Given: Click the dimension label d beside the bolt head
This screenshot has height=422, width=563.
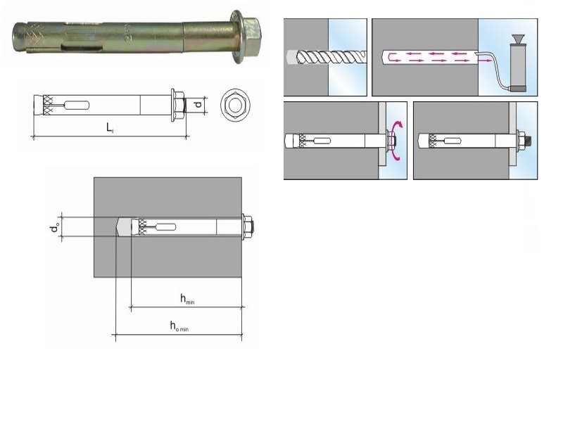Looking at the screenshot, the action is click(198, 105).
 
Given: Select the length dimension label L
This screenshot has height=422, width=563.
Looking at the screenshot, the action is click(110, 128).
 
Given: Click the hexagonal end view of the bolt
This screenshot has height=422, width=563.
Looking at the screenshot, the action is click(235, 105).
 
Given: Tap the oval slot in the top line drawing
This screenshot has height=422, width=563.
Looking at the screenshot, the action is click(77, 105).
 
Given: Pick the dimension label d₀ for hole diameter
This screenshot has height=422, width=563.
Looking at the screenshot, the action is click(55, 227).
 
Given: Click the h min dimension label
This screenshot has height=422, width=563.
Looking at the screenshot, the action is click(187, 299).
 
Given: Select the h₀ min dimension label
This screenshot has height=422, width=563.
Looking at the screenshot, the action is click(179, 326).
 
